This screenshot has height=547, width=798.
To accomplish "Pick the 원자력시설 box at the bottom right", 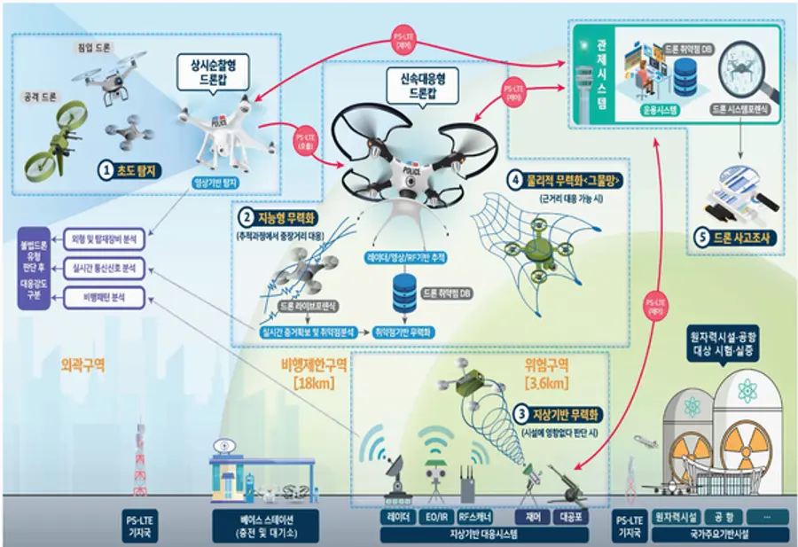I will [675, 515].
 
